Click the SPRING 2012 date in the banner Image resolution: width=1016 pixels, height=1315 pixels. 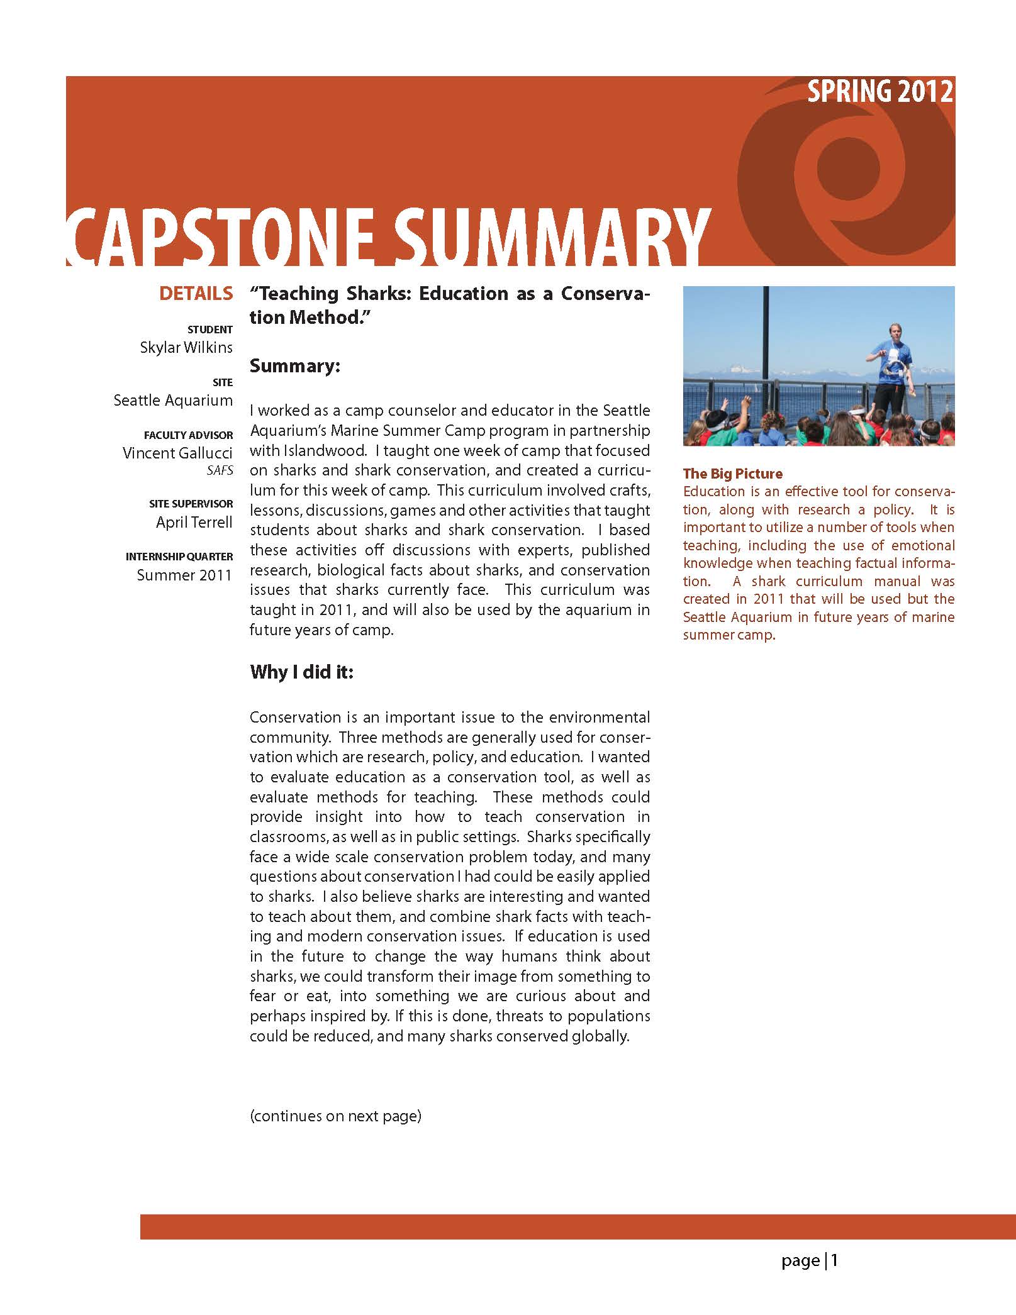880,92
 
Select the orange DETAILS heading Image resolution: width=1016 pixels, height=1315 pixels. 196,293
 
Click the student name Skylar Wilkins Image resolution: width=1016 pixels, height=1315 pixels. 186,348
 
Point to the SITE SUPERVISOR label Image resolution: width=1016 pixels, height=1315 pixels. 191,504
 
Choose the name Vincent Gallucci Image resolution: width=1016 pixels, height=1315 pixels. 177,453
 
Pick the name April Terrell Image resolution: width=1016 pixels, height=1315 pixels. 194,522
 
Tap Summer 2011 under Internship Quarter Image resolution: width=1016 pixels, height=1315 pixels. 184,575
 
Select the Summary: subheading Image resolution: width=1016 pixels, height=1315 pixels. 294,366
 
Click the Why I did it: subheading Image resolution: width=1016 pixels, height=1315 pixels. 301,672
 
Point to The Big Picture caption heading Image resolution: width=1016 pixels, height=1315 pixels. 733,474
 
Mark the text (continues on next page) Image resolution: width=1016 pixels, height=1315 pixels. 335,1116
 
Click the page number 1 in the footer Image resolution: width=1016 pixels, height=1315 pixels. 834,1260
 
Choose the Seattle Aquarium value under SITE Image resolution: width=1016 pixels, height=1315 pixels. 173,401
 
